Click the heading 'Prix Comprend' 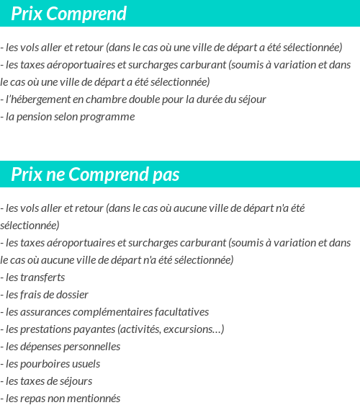(68, 14)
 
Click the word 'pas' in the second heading (166, 175)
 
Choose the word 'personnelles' (91, 347)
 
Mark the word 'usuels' (86, 364)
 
